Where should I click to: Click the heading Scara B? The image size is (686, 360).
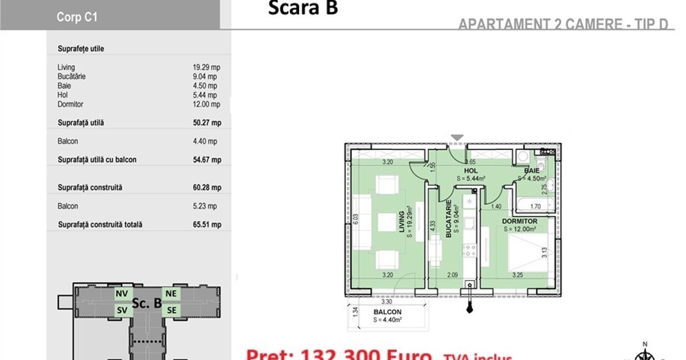coord(303,9)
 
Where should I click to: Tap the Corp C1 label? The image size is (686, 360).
coord(77,17)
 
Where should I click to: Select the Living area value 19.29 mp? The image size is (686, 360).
coord(206,67)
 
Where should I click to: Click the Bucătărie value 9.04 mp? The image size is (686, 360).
coord(205,77)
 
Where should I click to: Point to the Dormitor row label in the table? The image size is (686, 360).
coord(70,105)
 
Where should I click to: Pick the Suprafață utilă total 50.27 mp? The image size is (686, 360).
coord(207,123)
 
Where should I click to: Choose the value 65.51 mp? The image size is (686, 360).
coord(207,225)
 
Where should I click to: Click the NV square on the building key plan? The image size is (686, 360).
coord(121,294)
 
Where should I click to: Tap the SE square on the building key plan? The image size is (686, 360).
coord(171,310)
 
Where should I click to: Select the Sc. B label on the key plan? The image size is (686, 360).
coord(146,303)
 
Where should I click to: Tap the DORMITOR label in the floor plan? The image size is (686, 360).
coord(520,221)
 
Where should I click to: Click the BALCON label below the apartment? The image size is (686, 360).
coord(387,312)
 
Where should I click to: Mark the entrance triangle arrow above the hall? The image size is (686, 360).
coord(456,138)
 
